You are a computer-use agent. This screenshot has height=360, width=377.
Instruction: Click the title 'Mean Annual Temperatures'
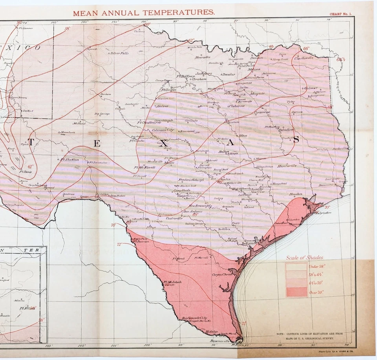(x=144, y=12)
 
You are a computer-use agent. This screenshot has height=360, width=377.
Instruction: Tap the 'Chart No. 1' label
(x=340, y=14)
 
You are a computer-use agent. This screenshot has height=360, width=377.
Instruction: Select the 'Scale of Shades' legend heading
(x=305, y=258)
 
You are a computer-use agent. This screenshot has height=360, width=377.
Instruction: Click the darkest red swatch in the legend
(x=296, y=292)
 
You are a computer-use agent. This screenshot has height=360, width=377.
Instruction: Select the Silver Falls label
(x=119, y=53)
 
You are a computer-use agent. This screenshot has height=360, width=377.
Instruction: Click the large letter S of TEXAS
(x=296, y=139)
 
